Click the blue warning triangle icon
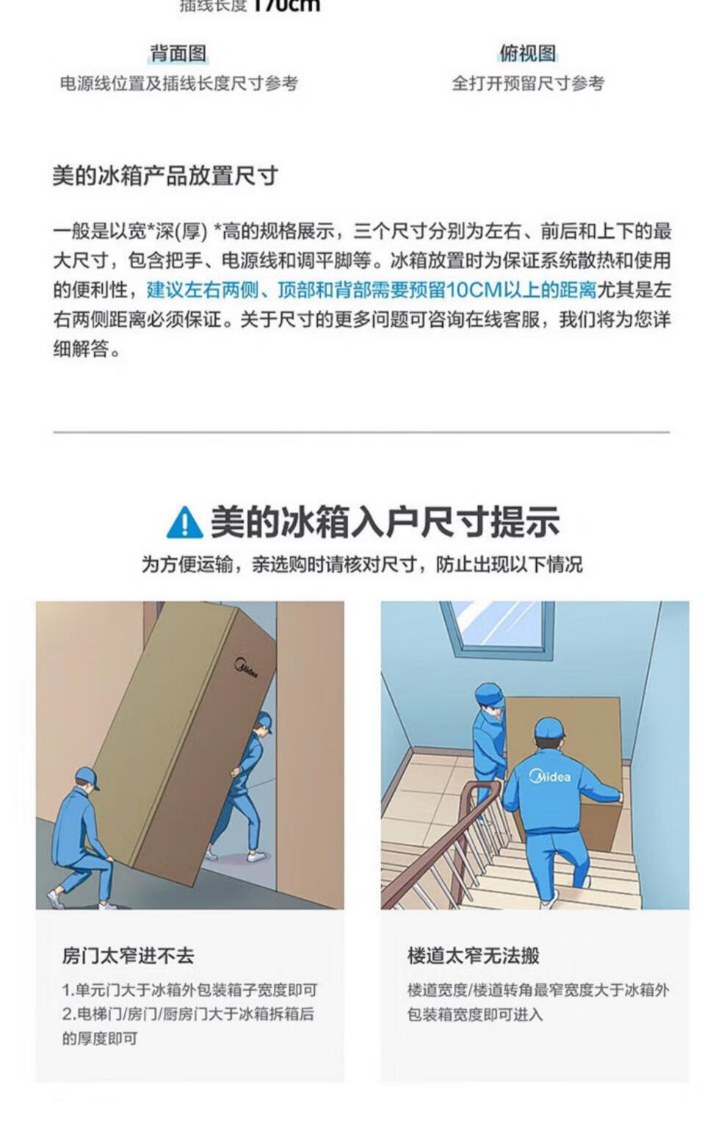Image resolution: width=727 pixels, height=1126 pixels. (184, 523)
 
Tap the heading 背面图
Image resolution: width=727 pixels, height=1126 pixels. (178, 54)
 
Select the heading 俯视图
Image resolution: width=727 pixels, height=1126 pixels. (527, 54)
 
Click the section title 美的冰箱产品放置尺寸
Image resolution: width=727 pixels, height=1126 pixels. (165, 176)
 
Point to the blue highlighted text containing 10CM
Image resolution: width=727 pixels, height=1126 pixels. (372, 290)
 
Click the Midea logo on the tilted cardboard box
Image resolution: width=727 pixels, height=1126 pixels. (246, 668)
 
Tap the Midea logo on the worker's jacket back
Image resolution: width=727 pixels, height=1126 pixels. (550, 776)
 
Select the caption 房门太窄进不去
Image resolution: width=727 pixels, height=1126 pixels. (128, 956)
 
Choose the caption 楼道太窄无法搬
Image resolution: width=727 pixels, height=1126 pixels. (473, 956)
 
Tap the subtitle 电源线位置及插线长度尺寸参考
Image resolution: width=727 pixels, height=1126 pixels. (179, 84)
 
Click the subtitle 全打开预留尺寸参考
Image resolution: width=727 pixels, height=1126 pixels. (527, 84)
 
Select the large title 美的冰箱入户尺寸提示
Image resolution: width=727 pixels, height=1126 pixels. (385, 522)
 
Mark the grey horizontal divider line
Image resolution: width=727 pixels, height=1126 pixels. (361, 432)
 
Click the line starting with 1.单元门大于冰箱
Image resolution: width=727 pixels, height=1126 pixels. (189, 990)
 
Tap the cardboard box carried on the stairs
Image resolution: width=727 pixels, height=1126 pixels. (563, 764)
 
